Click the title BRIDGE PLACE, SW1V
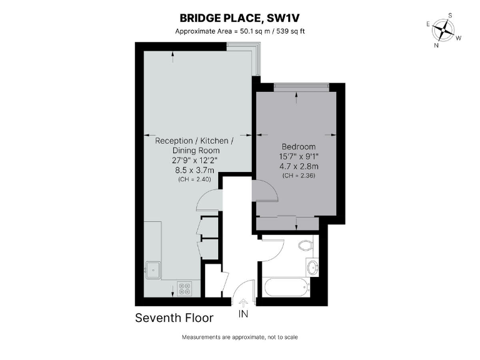(x=240, y=18)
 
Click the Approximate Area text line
(x=240, y=31)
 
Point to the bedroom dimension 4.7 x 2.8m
(x=299, y=166)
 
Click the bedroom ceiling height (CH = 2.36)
(x=299, y=176)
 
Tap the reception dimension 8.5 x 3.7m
(x=194, y=170)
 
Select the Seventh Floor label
(x=174, y=318)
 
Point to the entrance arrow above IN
(x=243, y=303)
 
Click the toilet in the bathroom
(x=306, y=245)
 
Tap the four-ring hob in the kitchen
(x=186, y=288)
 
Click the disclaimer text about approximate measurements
(x=240, y=337)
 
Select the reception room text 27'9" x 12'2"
(x=194, y=160)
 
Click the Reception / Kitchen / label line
(x=194, y=141)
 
